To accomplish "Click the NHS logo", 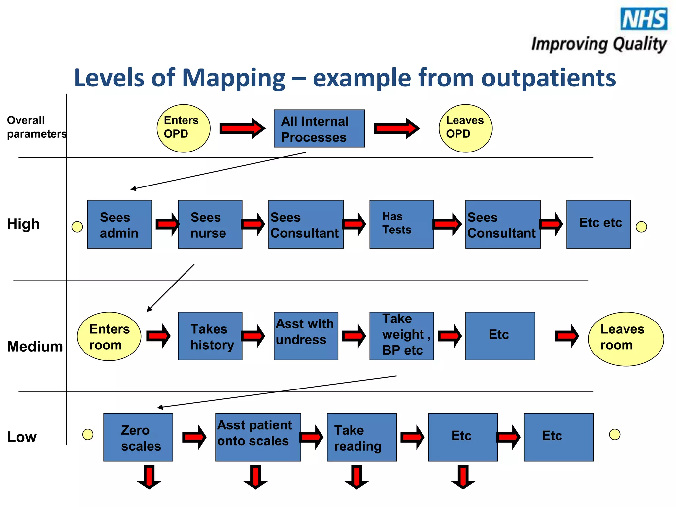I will pos(644,19).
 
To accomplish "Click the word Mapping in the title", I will pos(233,78).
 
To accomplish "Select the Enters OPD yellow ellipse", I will pos(183,128).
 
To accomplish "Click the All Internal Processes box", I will pos(319,128).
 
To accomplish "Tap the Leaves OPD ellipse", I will pos(465,128).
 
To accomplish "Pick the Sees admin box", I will pos(119,224).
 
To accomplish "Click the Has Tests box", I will pos(401,224).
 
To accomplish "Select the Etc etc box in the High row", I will pos(598,224).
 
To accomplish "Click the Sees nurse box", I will pos(210,224).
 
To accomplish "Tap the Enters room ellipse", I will pos(109,336).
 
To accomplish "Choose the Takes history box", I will pos(210,336).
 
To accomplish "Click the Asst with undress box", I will pos(306,336).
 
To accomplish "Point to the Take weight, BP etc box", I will pos(401,336).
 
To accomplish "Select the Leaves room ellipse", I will pos(625,339).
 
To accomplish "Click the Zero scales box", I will pos(138,437).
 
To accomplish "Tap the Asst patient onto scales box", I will pos(258,437).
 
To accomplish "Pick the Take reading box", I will pos(361,437).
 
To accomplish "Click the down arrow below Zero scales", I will pos(149,477).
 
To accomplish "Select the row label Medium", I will pos(35,346).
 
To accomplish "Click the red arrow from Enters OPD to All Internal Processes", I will pos(242,128).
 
